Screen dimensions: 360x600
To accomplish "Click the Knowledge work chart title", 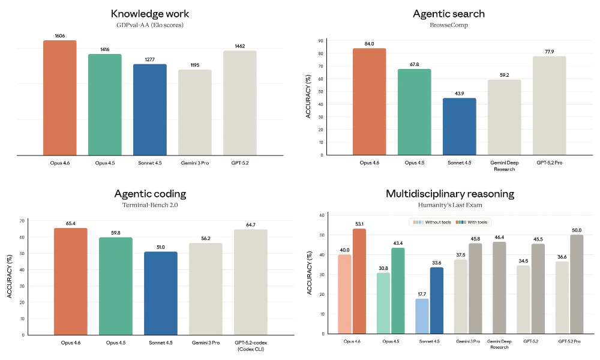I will (x=149, y=13).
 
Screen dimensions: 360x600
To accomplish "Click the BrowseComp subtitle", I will (x=449, y=26).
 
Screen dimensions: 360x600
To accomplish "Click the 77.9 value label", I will (x=549, y=52).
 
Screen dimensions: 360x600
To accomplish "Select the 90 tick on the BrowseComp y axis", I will (x=321, y=41).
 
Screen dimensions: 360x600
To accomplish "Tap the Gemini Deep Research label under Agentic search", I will (x=504, y=166).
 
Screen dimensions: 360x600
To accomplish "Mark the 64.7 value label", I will (x=251, y=224).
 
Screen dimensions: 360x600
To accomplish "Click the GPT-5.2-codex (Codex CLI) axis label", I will (x=251, y=346).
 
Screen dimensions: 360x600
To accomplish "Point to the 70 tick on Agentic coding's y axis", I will (x=22, y=221).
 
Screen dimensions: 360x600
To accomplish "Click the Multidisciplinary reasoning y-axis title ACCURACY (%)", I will (x=309, y=274).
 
